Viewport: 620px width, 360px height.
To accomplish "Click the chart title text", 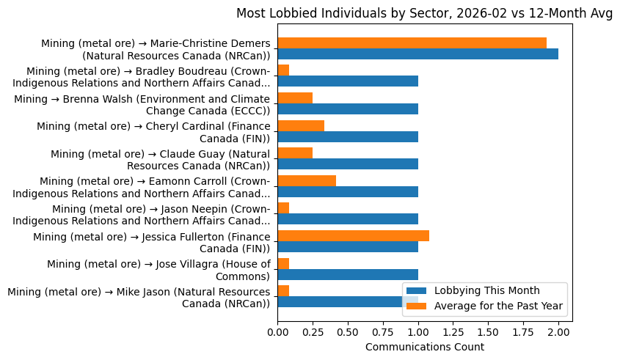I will (x=424, y=13).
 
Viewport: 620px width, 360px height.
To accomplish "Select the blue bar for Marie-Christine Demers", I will (x=417, y=54).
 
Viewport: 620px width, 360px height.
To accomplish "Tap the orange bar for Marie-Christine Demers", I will (x=412, y=43).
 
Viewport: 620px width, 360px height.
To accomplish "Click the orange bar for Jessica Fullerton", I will (x=353, y=235).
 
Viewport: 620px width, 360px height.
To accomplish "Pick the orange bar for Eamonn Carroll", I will (x=307, y=180).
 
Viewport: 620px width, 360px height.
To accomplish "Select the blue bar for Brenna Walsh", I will (x=348, y=109).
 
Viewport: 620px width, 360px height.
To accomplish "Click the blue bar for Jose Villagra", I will (x=348, y=274).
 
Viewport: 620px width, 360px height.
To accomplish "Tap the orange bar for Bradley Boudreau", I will (x=283, y=70).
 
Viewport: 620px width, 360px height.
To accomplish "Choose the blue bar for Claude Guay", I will (x=348, y=164).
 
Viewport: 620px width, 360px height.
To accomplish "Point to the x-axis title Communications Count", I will (x=424, y=347).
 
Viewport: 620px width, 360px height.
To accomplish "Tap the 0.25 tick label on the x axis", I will (x=313, y=332).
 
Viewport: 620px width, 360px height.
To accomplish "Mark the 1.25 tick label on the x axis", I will (x=453, y=332).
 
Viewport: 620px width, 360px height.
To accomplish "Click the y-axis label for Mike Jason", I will (x=139, y=298).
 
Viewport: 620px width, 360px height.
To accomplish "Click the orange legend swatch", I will (x=417, y=305).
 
